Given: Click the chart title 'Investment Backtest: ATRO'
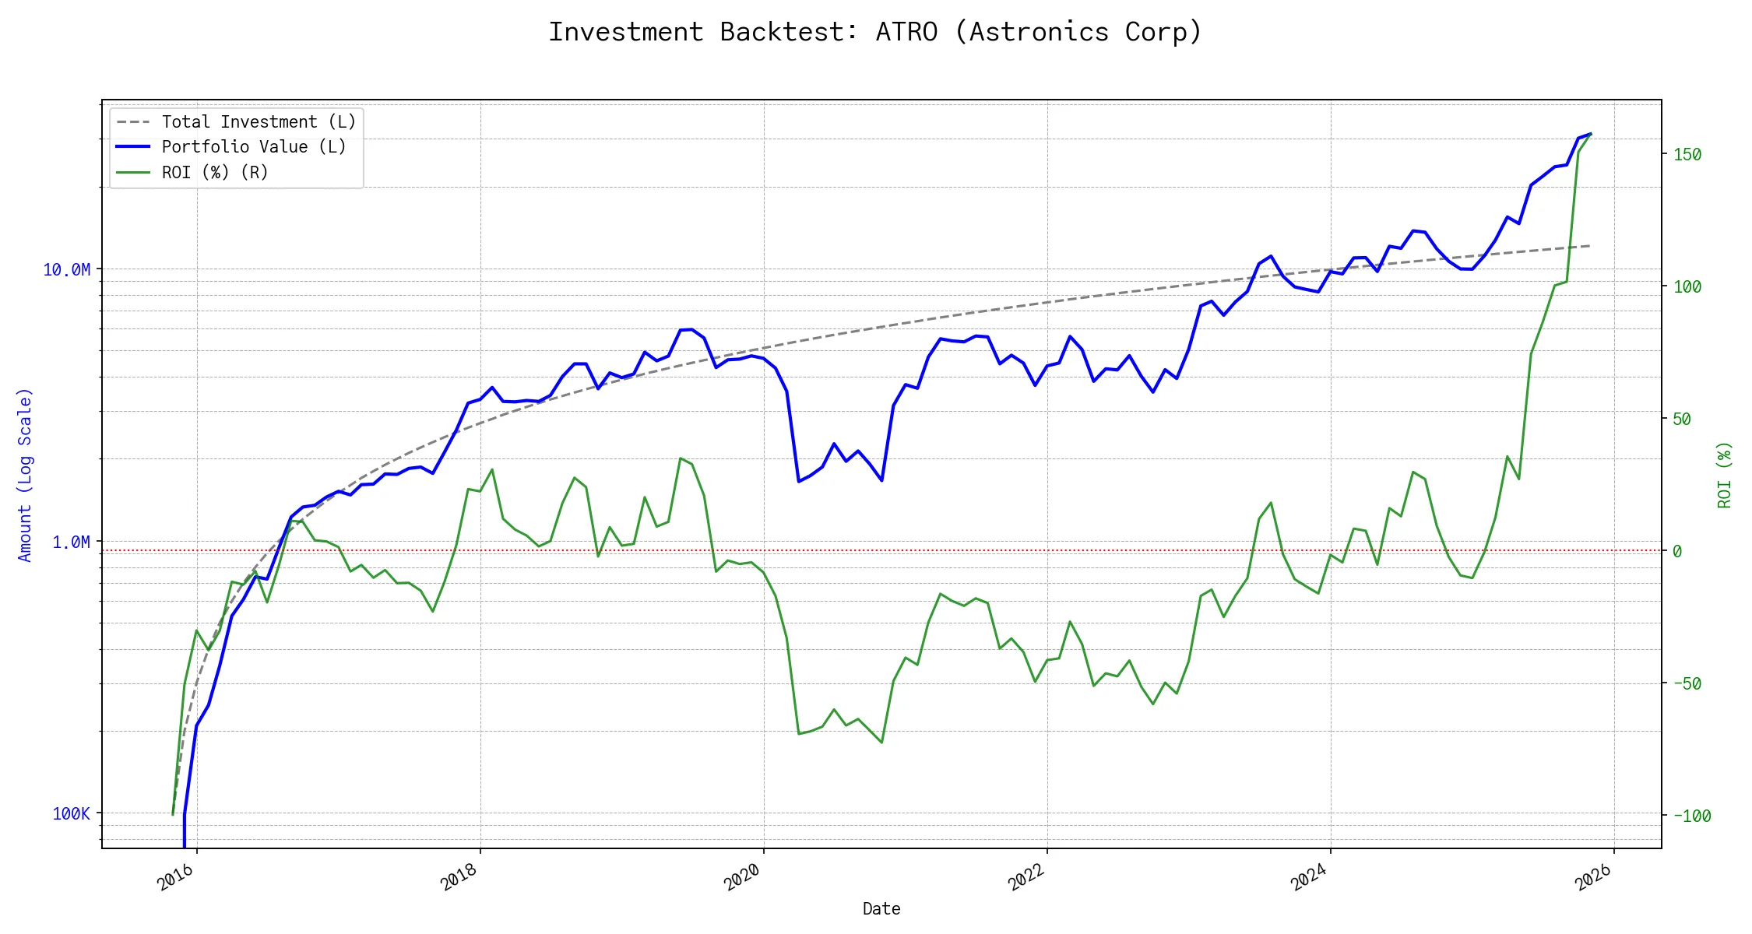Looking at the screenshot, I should coord(875,32).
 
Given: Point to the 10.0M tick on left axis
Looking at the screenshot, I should coord(66,269).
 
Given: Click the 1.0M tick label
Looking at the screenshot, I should coord(71,542).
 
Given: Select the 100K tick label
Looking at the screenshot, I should coord(71,814).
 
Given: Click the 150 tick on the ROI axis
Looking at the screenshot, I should coord(1687,154).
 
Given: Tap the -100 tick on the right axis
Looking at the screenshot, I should coord(1692,816).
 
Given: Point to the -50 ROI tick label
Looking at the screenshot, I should coord(1687,683).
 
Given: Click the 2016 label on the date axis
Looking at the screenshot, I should coord(176,877).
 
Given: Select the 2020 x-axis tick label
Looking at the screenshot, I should coord(742,877).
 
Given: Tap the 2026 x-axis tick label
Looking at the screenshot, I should coord(1592,877).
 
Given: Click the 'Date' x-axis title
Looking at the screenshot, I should coord(881,909).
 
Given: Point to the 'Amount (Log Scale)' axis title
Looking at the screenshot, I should coord(25,475).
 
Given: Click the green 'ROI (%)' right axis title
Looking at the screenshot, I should coord(1725,475).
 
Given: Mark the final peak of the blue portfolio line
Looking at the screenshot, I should coord(1590,134).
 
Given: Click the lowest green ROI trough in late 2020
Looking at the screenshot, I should coord(881,743).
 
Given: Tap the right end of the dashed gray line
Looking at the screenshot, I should coord(1589,246).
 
